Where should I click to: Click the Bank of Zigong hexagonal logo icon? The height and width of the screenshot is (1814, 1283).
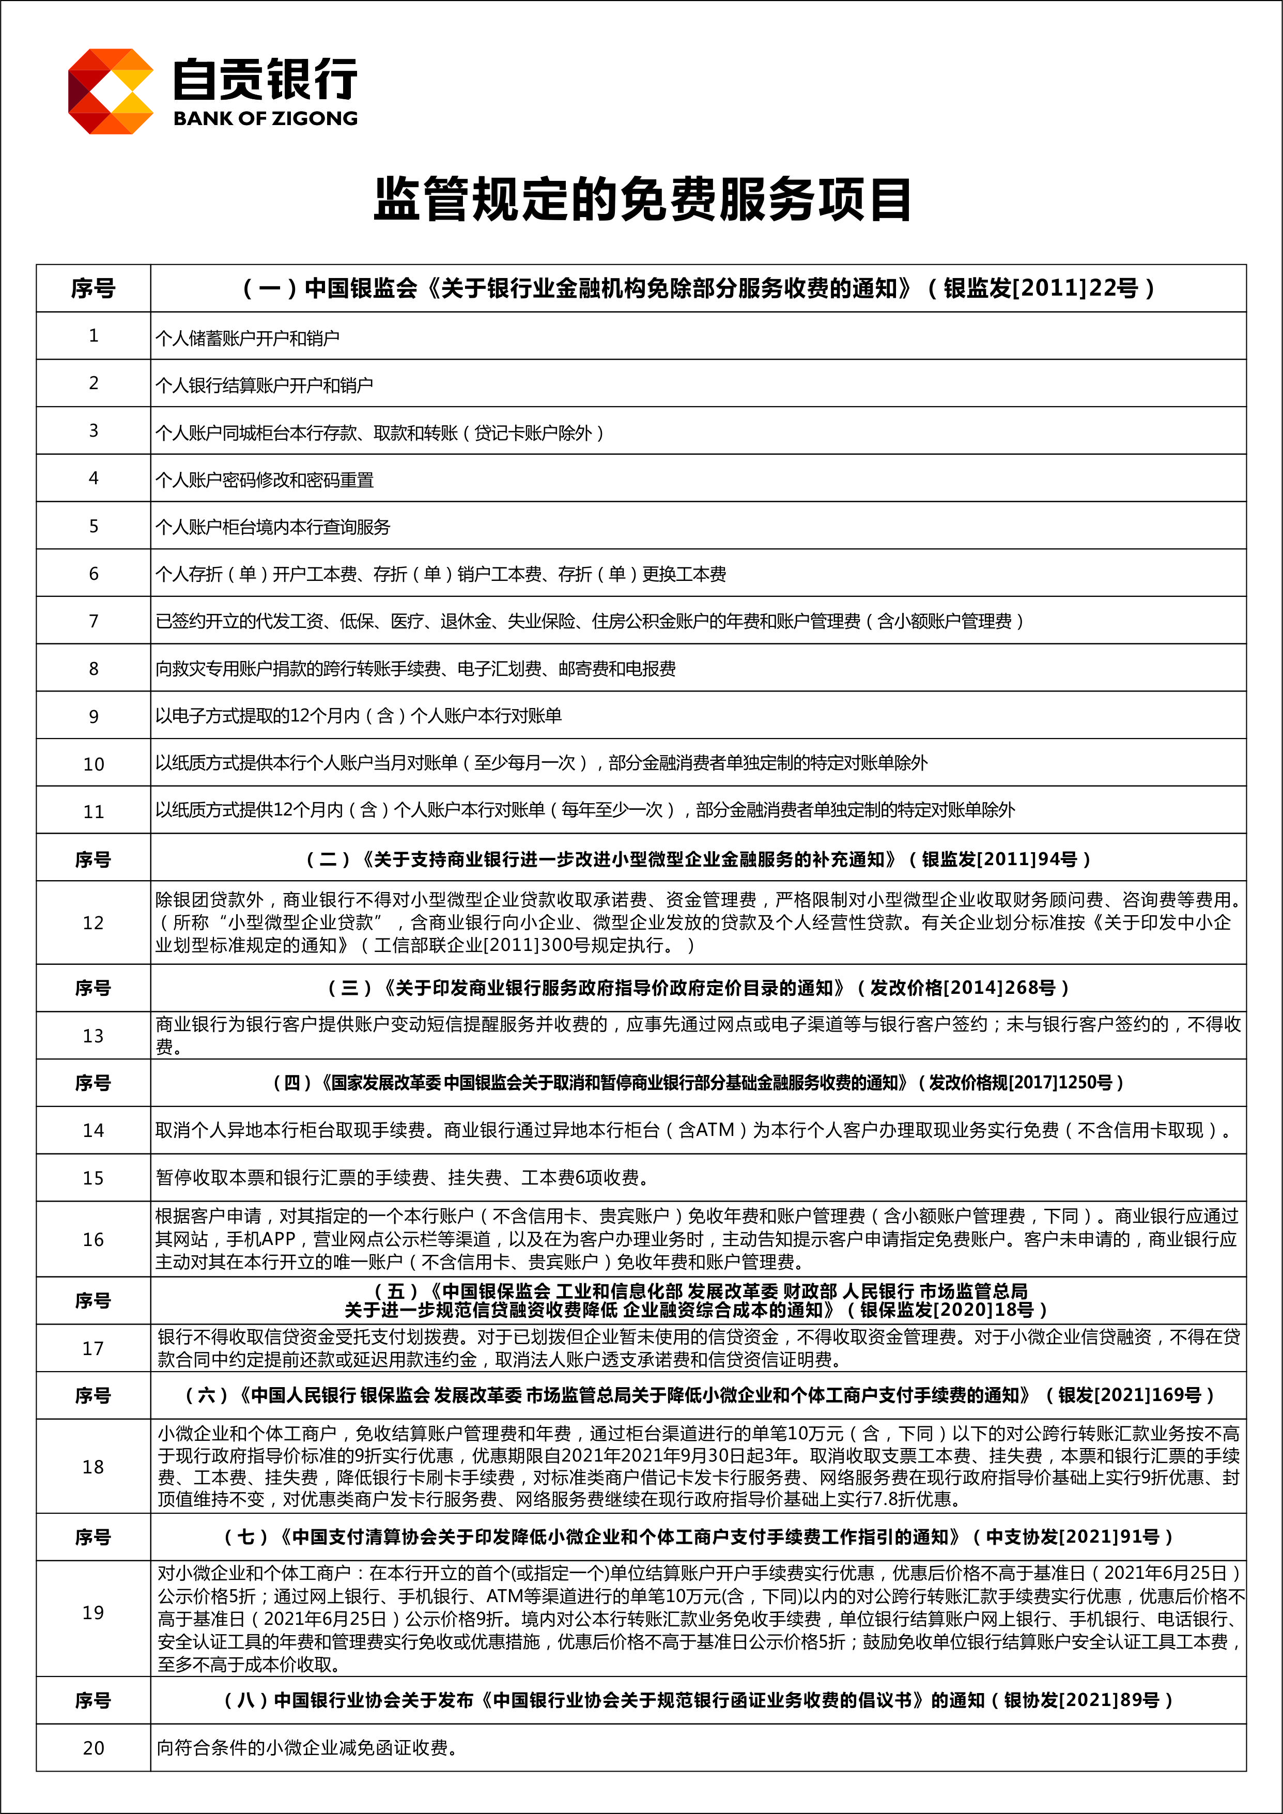[x=111, y=91]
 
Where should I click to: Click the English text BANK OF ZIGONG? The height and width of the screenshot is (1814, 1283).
[x=266, y=118]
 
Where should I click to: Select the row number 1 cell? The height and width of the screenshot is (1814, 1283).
[x=93, y=336]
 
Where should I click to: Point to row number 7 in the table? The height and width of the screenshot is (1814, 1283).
[x=93, y=621]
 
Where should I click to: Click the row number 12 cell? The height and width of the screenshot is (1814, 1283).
[x=93, y=923]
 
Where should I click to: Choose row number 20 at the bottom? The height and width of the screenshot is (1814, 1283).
[x=93, y=1748]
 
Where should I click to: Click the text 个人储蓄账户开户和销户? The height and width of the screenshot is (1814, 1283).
[x=248, y=338]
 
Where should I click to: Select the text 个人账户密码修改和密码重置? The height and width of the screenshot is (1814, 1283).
[x=265, y=480]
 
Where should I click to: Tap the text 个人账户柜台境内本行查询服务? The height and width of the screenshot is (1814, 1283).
[x=272, y=527]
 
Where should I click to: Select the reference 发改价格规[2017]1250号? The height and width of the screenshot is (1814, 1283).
[x=1020, y=1082]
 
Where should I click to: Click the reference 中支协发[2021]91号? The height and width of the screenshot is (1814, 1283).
[x=1073, y=1536]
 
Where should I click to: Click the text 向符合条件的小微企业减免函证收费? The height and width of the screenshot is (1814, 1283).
[x=306, y=1748]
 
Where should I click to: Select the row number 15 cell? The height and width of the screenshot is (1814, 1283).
[x=93, y=1178]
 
